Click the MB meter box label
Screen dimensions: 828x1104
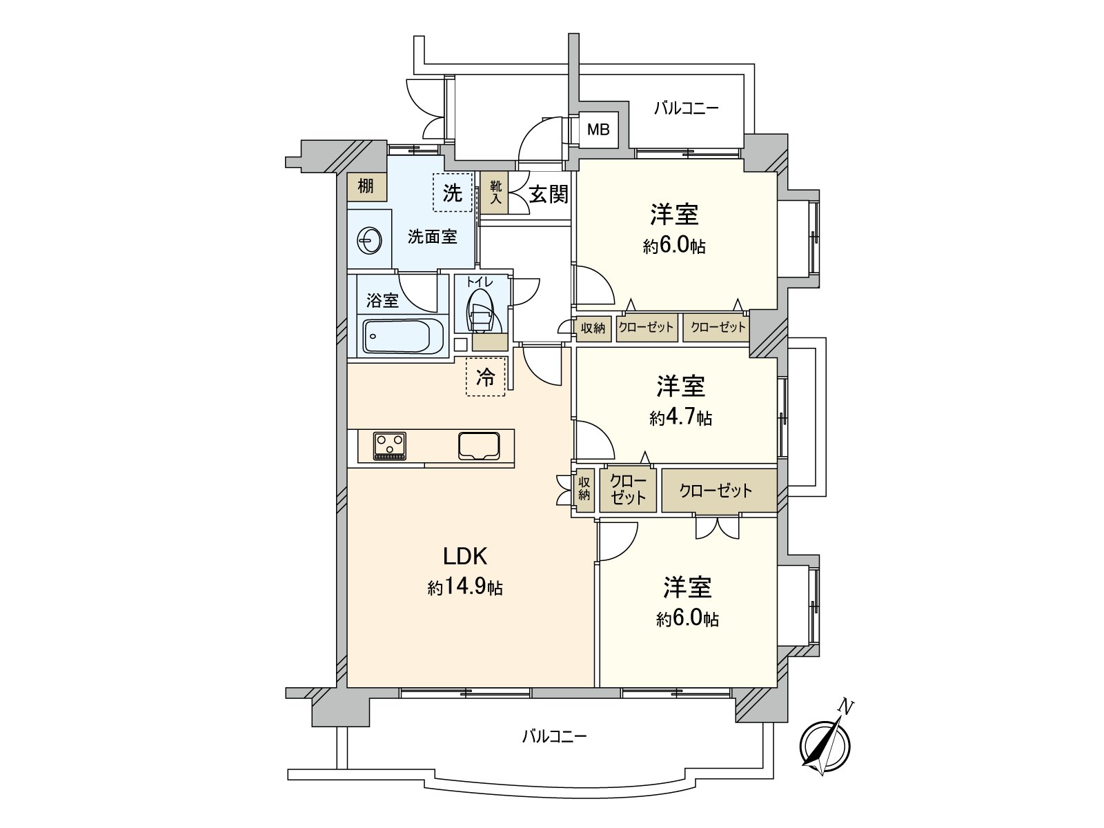pyautogui.click(x=598, y=129)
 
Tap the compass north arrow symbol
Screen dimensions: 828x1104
pyautogui.click(x=826, y=745)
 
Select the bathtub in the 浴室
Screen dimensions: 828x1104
pyautogui.click(x=397, y=337)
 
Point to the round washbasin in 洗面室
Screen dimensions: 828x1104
pyautogui.click(x=368, y=241)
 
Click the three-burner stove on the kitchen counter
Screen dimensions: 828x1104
pyautogui.click(x=391, y=445)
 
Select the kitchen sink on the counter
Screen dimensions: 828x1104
pyautogui.click(x=480, y=445)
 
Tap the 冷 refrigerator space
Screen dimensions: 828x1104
pyautogui.click(x=486, y=377)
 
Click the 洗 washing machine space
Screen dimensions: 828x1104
pyautogui.click(x=452, y=193)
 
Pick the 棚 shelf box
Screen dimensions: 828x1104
pyautogui.click(x=366, y=186)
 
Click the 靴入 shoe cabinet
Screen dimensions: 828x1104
pyautogui.click(x=495, y=193)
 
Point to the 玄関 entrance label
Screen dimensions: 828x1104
pyautogui.click(x=549, y=195)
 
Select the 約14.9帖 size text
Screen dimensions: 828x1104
pyautogui.click(x=464, y=588)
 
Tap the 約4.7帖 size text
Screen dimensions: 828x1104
pyautogui.click(x=680, y=417)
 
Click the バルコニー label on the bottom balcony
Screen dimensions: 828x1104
pyautogui.click(x=554, y=736)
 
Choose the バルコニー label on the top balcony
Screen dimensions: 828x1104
pyautogui.click(x=686, y=108)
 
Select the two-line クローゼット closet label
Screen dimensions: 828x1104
pyautogui.click(x=627, y=489)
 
